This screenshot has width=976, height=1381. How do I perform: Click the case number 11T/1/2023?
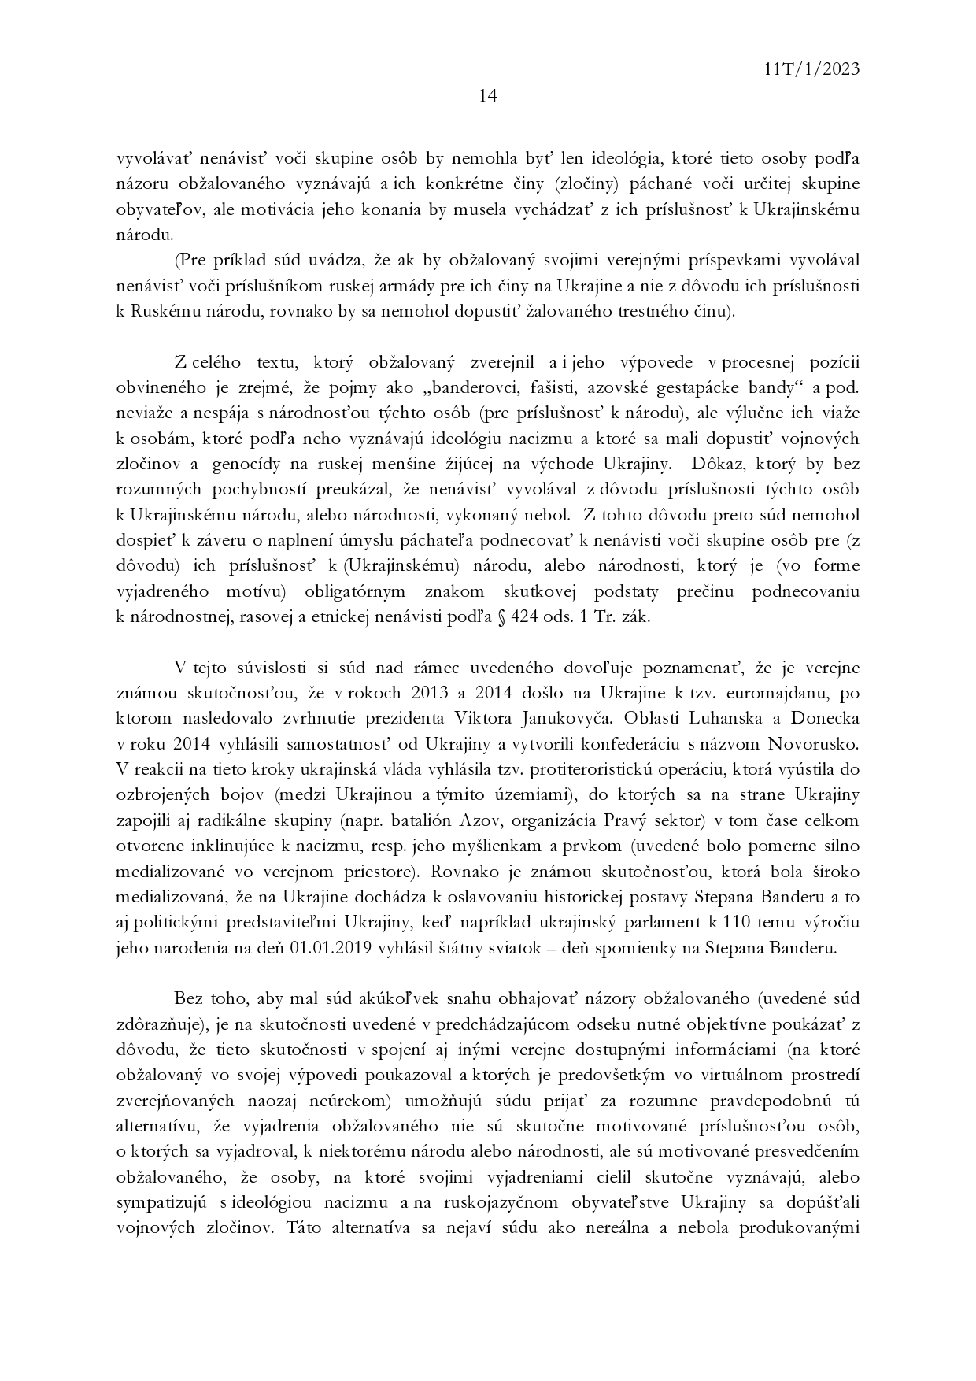coord(811,69)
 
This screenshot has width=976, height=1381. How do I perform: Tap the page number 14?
coord(487,97)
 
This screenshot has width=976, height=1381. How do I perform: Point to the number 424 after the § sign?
coord(525,616)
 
